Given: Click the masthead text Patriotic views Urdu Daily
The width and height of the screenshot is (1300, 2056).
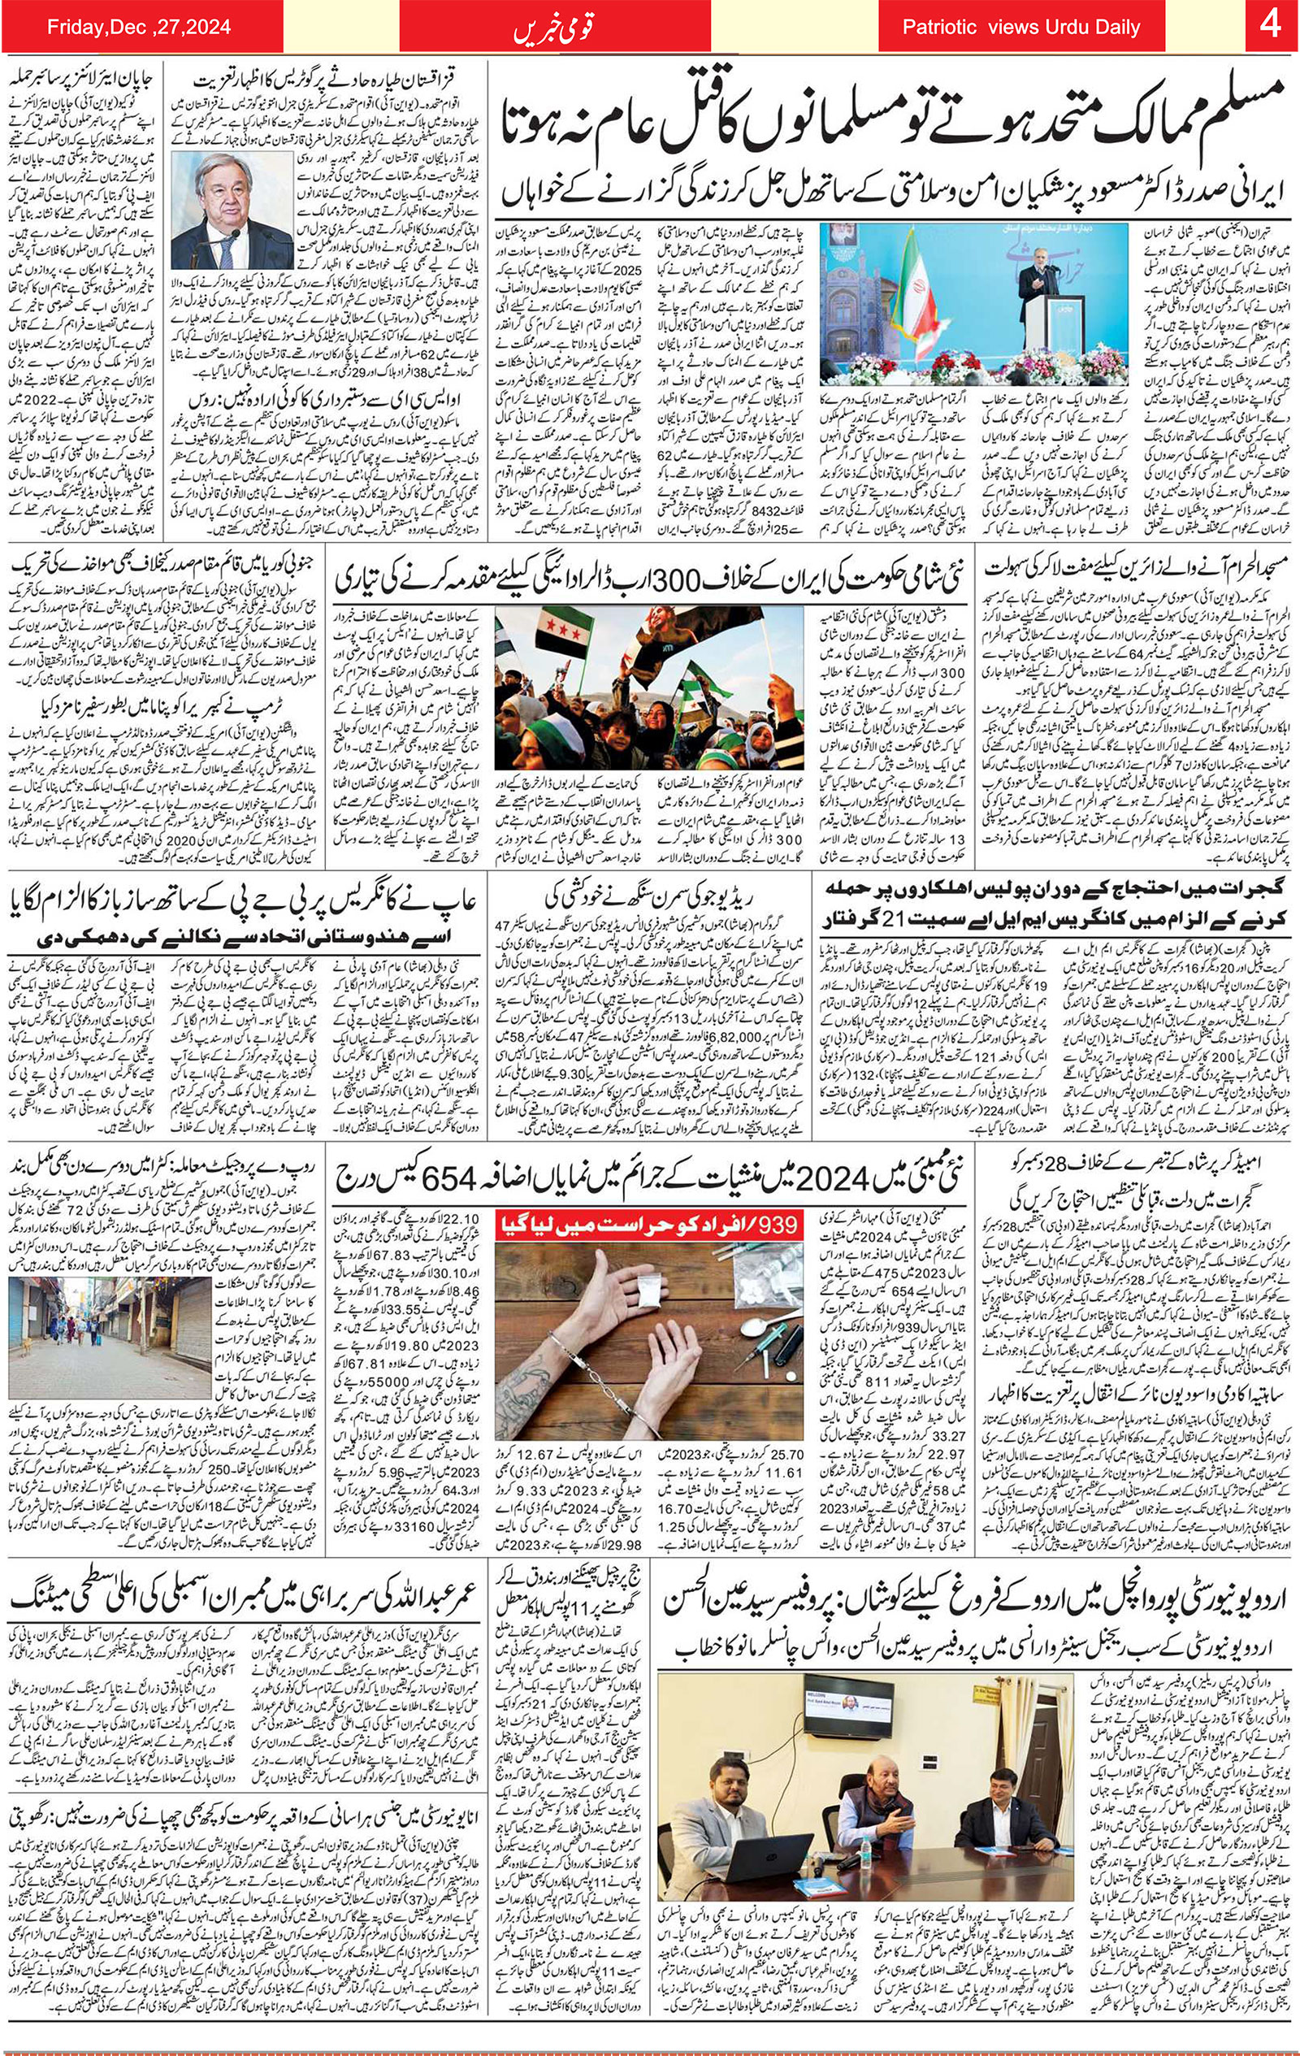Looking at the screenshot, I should pyautogui.click(x=1020, y=28).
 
